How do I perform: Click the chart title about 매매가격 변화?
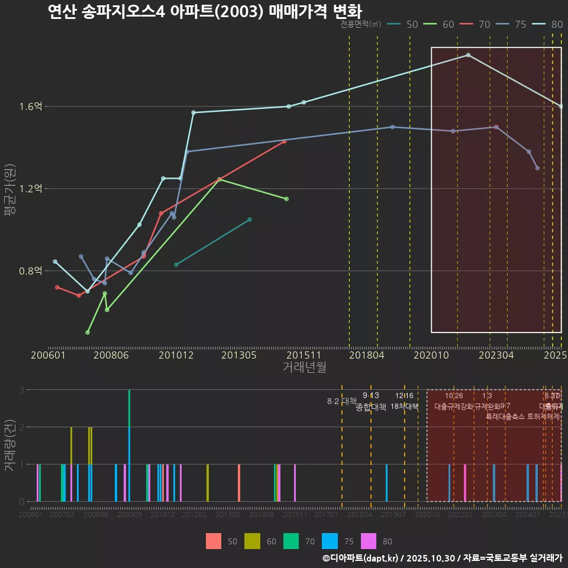pyautogui.click(x=205, y=11)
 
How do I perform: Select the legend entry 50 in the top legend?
pyautogui.click(x=405, y=24)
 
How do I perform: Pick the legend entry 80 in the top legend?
pyautogui.click(x=550, y=24)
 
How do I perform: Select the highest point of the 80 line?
pyautogui.click(x=469, y=55)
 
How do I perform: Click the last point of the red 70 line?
pyautogui.click(x=285, y=141)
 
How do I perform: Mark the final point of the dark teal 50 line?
pyautogui.click(x=250, y=220)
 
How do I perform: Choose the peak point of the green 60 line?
pyautogui.click(x=220, y=179)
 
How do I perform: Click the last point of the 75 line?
pyautogui.click(x=537, y=168)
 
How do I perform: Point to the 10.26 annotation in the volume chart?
pyautogui.click(x=454, y=396)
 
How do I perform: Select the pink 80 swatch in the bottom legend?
pyautogui.click(x=367, y=541)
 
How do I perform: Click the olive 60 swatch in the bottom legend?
pyautogui.click(x=253, y=541)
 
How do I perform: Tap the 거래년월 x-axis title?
pyautogui.click(x=304, y=367)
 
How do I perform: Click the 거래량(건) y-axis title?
pyautogui.click(x=9, y=446)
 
